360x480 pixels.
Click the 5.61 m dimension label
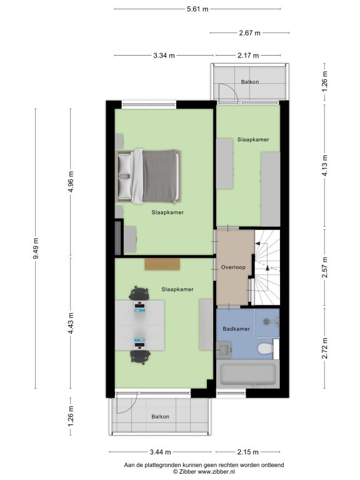click(197, 9)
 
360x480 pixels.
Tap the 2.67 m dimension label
click(249, 32)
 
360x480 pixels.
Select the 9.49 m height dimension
click(36, 248)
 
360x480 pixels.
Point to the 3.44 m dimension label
click(160, 451)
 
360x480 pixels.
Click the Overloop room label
click(233, 267)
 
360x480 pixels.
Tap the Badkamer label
click(236, 329)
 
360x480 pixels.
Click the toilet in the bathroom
click(266, 349)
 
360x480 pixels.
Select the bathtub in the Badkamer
click(247, 374)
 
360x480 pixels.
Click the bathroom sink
click(224, 350)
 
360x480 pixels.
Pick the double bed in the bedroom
click(148, 176)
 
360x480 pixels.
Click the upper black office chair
click(139, 294)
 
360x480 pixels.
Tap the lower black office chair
click(140, 357)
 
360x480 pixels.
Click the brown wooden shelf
click(162, 264)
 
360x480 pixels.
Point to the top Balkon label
click(250, 82)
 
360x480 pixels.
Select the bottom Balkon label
click(160, 417)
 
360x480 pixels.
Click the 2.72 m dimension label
click(325, 348)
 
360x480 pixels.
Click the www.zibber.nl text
click(216, 472)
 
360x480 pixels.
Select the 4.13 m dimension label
click(325, 165)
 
